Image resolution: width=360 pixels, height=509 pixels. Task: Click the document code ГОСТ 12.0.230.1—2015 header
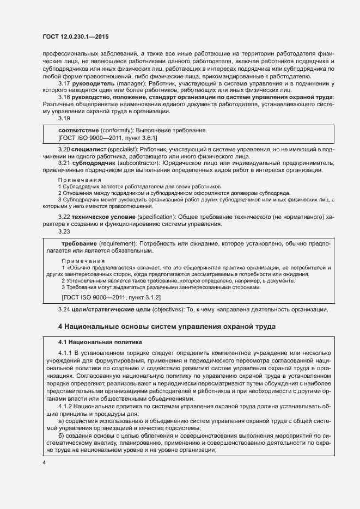click(75, 36)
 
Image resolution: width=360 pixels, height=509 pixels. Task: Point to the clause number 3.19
click(64, 118)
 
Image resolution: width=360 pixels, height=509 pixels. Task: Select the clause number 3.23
click(64, 231)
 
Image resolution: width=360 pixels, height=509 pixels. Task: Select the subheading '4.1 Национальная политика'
click(100, 342)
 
